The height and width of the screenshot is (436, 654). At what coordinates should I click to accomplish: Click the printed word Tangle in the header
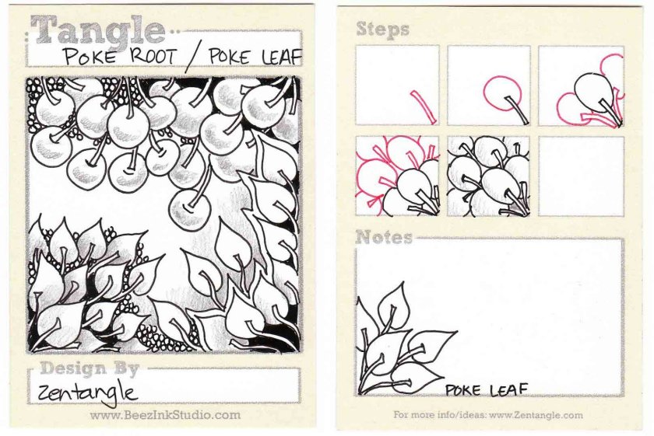point(98,30)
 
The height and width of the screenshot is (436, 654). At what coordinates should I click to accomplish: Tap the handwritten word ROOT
point(153,56)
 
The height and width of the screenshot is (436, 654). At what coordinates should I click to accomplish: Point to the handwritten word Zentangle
point(87,392)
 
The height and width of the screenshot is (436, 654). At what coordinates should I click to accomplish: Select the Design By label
point(90,368)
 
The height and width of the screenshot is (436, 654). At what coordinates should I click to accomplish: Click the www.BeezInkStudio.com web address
point(165,415)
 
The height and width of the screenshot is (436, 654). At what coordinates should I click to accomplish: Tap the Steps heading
point(382,30)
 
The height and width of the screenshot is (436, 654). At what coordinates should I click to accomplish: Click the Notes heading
point(384,237)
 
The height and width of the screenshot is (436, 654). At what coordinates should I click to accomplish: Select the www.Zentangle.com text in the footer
point(536,415)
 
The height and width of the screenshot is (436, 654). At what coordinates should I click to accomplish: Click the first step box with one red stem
point(398,85)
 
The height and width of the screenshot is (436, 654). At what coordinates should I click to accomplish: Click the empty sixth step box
point(581,176)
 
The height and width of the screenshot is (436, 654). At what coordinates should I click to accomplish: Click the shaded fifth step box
point(489,176)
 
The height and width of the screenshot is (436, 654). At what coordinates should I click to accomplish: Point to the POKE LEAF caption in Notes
point(487,390)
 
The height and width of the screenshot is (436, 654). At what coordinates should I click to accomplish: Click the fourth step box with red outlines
point(398,176)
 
